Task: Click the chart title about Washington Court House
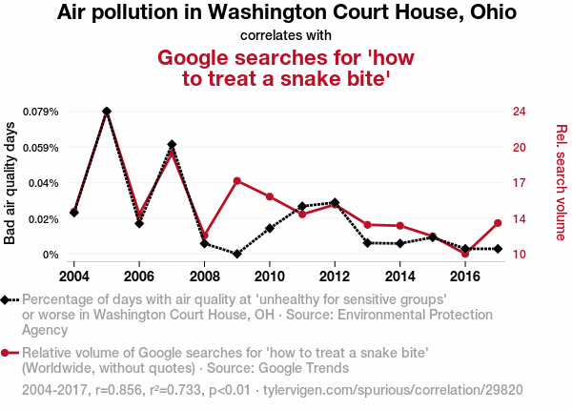pos(286,13)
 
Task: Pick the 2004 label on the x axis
pos(74,276)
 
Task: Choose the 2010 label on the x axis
pos(270,276)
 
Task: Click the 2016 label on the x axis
pos(465,276)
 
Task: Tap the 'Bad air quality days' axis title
pos(10,183)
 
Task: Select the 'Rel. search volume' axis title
pos(561,183)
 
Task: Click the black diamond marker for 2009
pos(237,254)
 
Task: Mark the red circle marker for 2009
pos(237,180)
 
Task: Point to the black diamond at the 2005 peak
pos(107,112)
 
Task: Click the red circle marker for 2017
pos(498,223)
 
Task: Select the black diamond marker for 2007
pos(172,144)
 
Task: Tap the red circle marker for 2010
pos(270,196)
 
